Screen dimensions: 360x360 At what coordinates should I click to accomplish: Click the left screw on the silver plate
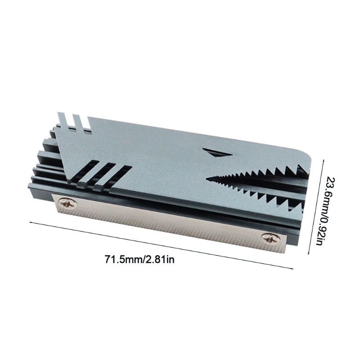[68, 204]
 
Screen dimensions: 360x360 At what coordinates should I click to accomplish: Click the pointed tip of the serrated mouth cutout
[208, 180]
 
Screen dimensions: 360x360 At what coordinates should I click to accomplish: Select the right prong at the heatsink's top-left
[77, 121]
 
